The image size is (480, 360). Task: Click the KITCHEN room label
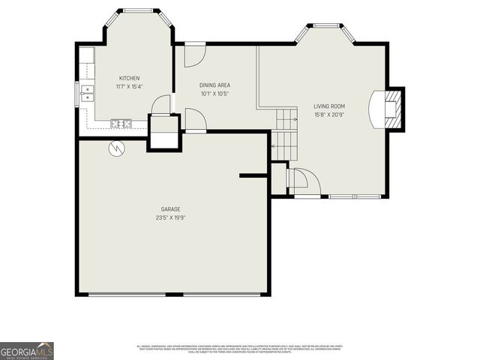(x=129, y=78)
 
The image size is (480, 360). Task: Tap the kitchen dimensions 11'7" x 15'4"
(x=129, y=86)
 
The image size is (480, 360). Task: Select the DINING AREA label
(x=214, y=85)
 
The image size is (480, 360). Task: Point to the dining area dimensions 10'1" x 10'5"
(x=214, y=94)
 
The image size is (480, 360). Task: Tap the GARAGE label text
(x=170, y=209)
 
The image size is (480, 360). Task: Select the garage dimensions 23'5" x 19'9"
(x=170, y=217)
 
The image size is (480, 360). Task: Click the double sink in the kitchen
(x=86, y=93)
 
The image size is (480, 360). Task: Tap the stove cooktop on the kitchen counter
(x=120, y=123)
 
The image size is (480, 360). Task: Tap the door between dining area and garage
(x=193, y=120)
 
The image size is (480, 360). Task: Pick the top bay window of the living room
(x=325, y=26)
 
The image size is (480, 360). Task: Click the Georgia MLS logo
(x=27, y=350)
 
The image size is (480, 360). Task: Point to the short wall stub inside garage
(x=254, y=176)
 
